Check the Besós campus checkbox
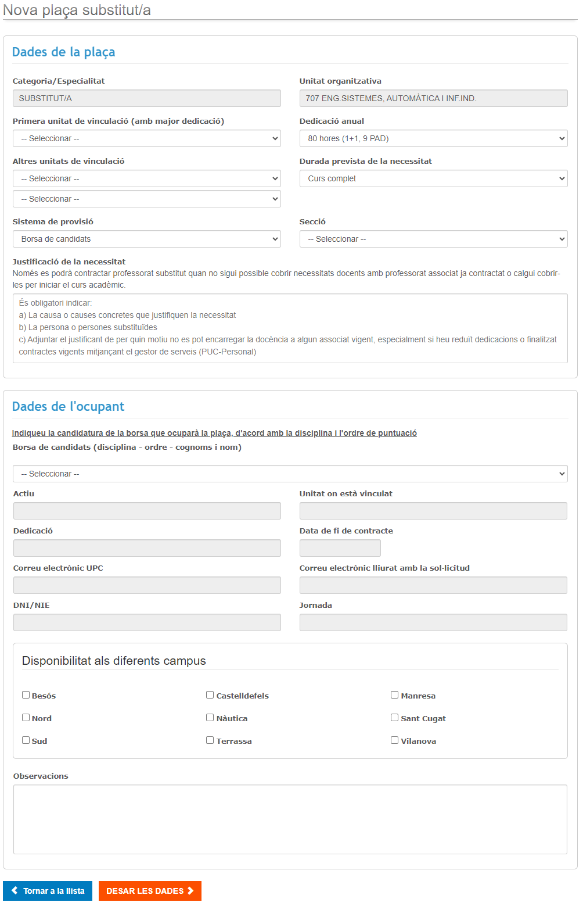point(26,695)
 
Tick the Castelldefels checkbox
point(210,695)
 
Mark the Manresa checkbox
point(395,695)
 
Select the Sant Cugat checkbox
point(395,718)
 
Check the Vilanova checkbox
point(395,740)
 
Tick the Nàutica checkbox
point(210,718)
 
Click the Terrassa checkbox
point(210,740)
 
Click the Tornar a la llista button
point(48,891)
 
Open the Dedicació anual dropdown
point(433,138)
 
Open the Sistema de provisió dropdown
point(146,239)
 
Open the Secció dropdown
point(433,239)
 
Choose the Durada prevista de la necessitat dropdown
point(433,178)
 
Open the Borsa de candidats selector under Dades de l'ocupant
point(290,474)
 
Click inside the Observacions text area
point(290,819)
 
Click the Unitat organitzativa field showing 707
point(433,98)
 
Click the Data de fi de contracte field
point(340,548)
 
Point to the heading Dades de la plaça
point(64,52)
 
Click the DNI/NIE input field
point(147,622)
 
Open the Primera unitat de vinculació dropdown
point(146,138)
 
